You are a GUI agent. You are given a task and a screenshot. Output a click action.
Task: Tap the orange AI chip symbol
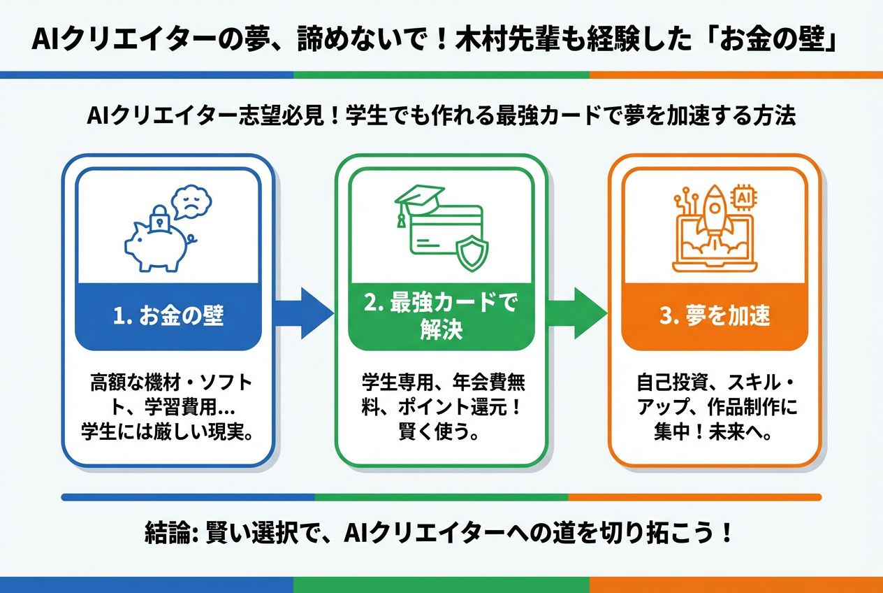click(744, 199)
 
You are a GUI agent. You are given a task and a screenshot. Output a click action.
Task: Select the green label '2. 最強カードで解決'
click(441, 316)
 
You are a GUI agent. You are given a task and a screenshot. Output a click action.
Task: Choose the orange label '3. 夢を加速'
click(714, 316)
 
